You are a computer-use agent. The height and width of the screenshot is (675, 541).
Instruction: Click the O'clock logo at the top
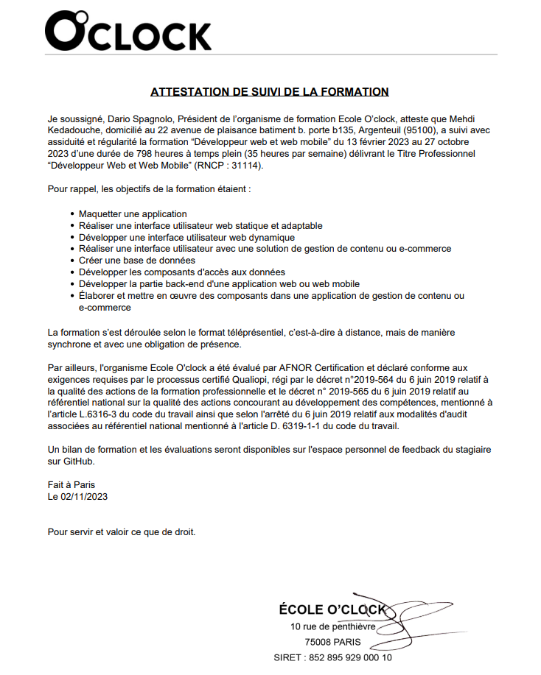click(128, 33)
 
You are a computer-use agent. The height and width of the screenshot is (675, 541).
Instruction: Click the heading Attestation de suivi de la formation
click(270, 92)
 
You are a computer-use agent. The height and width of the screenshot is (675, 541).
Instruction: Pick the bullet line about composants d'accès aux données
click(171, 272)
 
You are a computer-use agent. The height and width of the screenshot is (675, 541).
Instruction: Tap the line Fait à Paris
click(71, 485)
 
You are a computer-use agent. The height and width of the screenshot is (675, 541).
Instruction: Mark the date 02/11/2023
click(84, 497)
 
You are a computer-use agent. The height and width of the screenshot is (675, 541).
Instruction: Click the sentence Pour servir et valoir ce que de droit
click(122, 531)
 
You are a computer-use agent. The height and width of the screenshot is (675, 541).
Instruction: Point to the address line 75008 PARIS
click(333, 642)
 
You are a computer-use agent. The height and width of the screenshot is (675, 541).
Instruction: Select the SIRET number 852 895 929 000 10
click(349, 657)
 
